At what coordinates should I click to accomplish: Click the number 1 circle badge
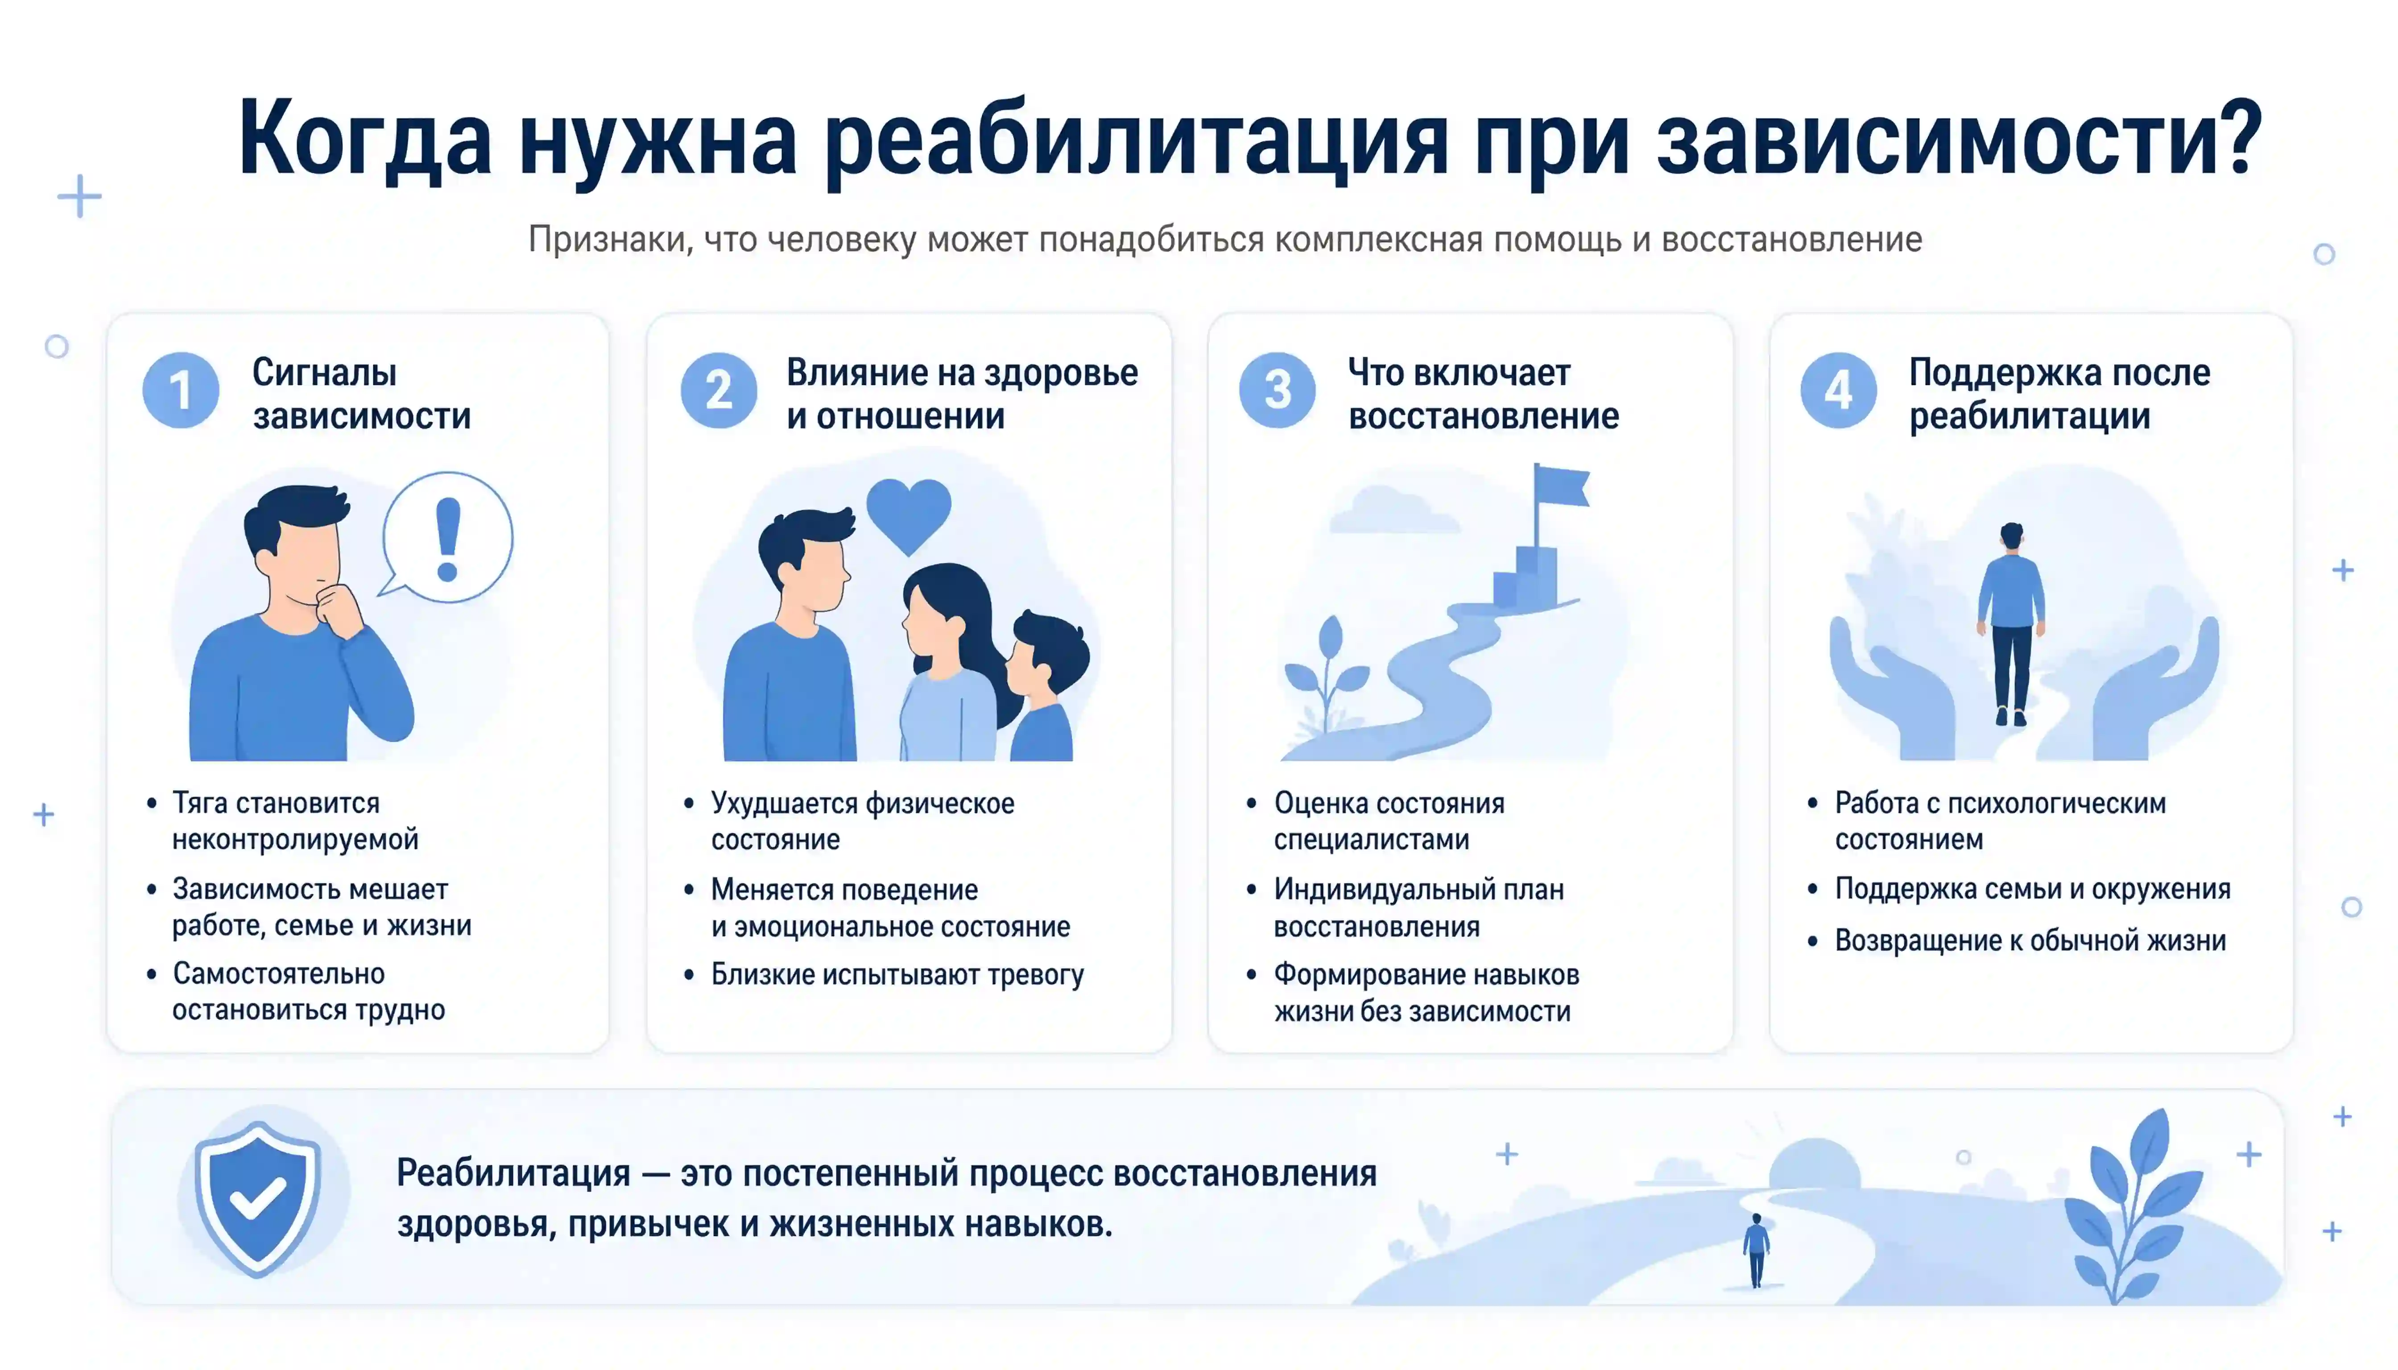(181, 391)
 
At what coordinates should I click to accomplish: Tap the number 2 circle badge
(719, 391)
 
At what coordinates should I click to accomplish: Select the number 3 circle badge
(1277, 391)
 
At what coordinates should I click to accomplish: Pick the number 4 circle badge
(1838, 391)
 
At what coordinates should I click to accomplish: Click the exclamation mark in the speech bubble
(448, 538)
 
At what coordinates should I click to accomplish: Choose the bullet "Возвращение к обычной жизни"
(2030, 940)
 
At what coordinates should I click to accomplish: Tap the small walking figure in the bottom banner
(1756, 1250)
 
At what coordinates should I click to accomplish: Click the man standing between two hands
(2011, 623)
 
